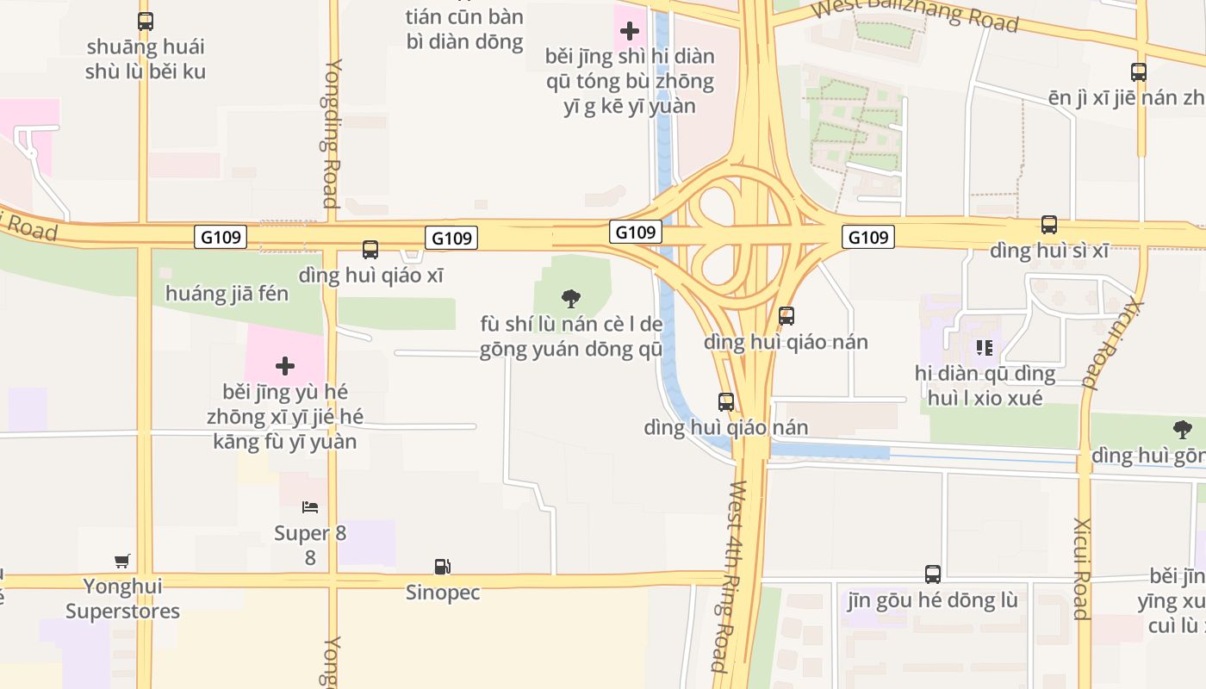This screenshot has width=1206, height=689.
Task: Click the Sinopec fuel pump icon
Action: (442, 567)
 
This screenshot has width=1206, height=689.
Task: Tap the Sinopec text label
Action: (443, 593)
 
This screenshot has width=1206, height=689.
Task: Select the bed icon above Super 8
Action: (310, 507)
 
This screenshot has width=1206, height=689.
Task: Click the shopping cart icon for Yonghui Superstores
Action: (122, 561)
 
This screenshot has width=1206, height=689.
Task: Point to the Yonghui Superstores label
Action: (122, 599)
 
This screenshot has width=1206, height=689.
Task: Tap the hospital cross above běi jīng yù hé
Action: (285, 366)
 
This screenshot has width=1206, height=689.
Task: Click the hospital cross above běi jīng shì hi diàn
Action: (630, 31)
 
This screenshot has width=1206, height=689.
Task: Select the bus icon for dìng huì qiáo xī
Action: (370, 250)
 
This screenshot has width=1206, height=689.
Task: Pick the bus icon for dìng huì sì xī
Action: (1049, 225)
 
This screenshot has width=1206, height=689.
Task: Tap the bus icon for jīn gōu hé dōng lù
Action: (933, 574)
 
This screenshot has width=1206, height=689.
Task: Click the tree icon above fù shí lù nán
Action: (570, 299)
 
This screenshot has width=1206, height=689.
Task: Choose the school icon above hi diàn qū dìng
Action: (985, 348)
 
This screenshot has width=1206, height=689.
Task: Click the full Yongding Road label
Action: (332, 133)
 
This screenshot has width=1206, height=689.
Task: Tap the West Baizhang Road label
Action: (916, 15)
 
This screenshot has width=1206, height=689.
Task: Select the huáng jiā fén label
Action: (227, 294)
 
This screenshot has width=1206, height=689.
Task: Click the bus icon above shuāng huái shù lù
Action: (146, 22)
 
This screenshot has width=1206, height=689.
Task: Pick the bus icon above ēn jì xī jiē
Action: (1139, 72)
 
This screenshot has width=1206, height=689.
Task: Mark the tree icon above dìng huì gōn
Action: (1183, 429)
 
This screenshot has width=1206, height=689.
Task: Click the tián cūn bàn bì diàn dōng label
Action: (465, 28)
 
